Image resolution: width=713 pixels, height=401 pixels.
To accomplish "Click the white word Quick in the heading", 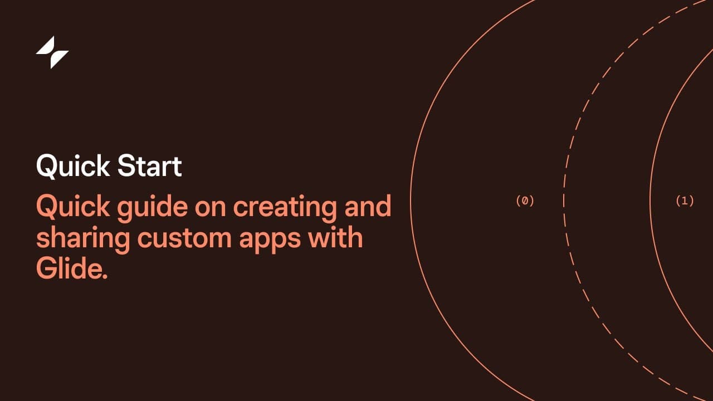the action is [73, 166].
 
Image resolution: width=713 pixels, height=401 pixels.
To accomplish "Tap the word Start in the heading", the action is [150, 165].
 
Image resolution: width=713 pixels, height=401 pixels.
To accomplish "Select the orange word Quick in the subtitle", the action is [73, 207].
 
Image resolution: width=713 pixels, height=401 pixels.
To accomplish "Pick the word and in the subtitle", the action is [368, 206].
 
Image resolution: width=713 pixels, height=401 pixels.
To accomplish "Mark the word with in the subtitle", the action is [335, 237].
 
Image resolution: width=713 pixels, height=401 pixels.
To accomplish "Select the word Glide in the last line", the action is [70, 268].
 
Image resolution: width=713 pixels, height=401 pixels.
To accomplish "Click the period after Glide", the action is [105, 277].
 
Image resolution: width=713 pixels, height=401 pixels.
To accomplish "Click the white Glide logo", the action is [52, 52].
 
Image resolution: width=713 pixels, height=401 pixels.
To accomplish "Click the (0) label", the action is [525, 201].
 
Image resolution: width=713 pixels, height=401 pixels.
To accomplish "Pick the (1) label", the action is [685, 201].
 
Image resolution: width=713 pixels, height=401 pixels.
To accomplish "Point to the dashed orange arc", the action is [564, 200].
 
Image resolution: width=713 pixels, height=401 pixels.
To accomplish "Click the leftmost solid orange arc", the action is [411, 200].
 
